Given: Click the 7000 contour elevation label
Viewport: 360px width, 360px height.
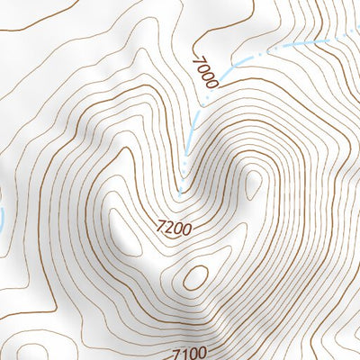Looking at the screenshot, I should point(204,71).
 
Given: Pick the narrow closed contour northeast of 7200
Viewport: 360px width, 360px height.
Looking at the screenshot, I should point(253,184).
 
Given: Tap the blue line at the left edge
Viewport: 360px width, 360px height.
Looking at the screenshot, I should point(2,216).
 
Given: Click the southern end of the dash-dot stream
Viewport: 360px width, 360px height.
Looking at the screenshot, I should point(179,193).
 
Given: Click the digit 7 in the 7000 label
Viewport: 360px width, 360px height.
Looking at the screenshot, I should point(196,59).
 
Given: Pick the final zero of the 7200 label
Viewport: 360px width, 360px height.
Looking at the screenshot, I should point(186,229).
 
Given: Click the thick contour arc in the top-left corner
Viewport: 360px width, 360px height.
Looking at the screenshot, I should point(27,27).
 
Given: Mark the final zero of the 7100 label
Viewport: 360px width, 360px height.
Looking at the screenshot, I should point(202,352).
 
